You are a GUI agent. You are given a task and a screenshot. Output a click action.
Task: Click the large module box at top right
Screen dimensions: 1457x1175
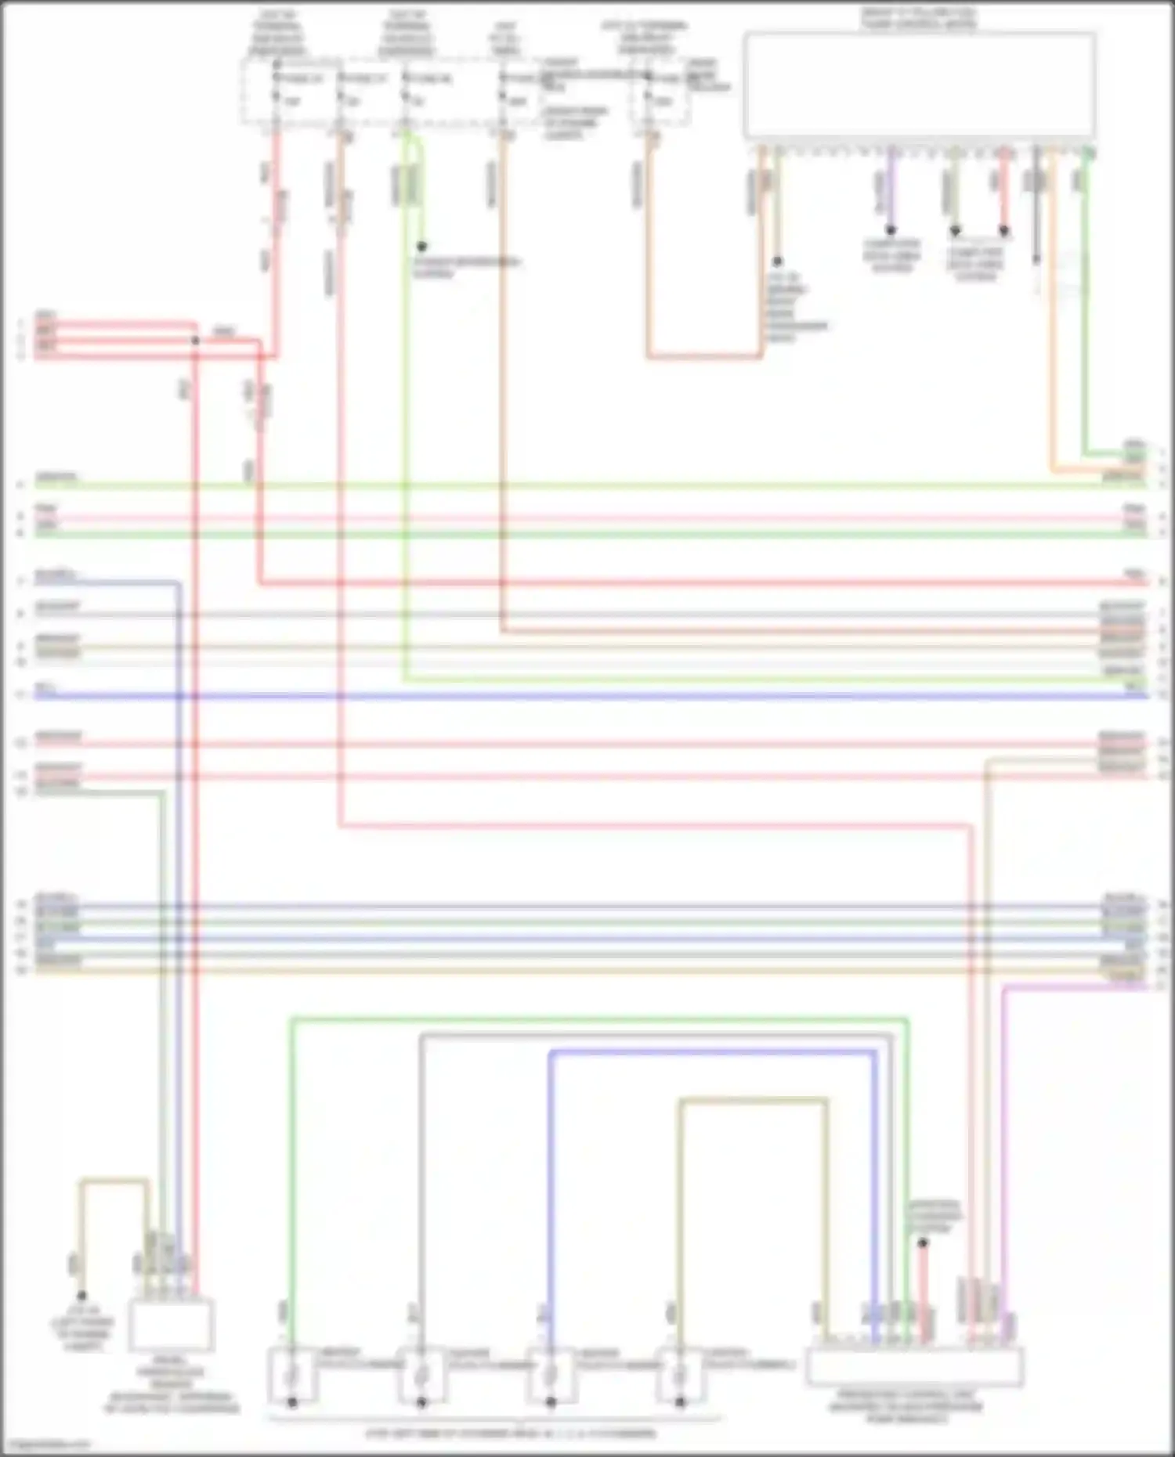tap(919, 85)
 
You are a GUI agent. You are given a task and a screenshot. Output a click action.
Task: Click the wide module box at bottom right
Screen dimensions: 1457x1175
tap(914, 1366)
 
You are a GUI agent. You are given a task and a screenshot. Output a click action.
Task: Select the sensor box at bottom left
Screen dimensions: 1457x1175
tap(171, 1325)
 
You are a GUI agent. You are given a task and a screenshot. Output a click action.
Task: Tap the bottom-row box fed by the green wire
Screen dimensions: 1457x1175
tap(291, 1374)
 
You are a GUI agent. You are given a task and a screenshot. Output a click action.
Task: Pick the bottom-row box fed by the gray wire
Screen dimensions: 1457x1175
tap(421, 1374)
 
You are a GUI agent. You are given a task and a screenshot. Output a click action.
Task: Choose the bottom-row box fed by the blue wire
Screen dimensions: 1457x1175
tap(551, 1374)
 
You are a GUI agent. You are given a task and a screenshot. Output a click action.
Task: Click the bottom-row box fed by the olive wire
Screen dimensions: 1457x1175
tap(679, 1374)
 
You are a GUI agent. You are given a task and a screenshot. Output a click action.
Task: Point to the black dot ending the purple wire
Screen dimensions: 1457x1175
tap(891, 230)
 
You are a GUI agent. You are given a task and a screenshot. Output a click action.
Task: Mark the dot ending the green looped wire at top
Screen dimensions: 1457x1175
tap(421, 246)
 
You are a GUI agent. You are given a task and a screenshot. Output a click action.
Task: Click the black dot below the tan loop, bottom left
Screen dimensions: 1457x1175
tap(81, 1296)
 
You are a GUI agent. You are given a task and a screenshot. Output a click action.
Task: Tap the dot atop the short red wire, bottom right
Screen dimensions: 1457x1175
tap(923, 1242)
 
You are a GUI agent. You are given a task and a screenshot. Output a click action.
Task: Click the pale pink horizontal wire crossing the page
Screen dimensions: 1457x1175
tap(587, 518)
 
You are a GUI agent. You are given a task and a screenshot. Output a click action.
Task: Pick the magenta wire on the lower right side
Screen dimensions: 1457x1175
tap(1005, 1135)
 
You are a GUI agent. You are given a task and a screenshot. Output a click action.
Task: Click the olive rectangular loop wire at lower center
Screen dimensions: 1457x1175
tap(752, 1101)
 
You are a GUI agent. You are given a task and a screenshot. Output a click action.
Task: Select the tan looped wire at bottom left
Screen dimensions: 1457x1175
tap(114, 1181)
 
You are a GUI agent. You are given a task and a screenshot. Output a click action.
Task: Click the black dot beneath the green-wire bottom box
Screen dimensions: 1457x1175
tap(292, 1402)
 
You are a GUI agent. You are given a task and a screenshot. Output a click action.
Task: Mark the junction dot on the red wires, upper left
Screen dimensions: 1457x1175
tap(196, 340)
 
